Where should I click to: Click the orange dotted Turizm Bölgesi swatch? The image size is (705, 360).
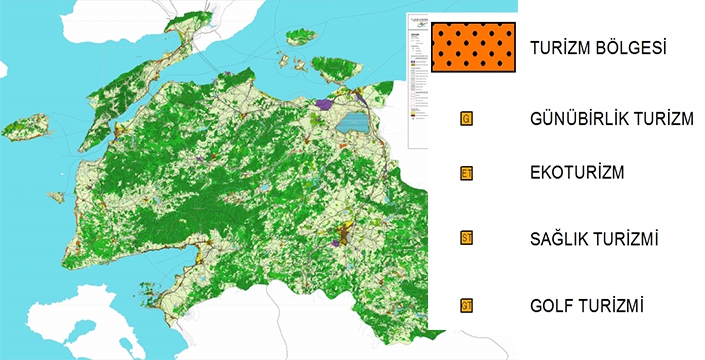coord(475,48)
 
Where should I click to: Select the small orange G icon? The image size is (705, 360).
coord(466,119)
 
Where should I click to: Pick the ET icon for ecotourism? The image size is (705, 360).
coord(466,174)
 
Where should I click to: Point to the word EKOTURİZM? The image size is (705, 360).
coord(577,174)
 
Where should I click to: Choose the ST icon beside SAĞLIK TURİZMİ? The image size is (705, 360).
coord(466,238)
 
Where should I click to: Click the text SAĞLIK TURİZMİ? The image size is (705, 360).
coord(599,239)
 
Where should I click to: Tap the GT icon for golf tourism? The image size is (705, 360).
coord(466,305)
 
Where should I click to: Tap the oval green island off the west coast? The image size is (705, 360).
coord(26,129)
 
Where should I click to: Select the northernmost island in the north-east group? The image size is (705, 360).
coord(301,37)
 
